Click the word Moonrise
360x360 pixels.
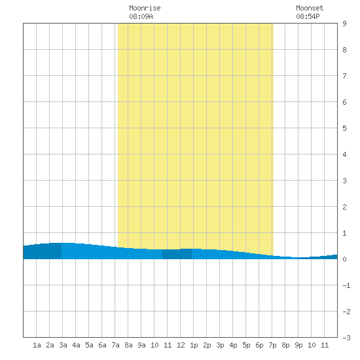pyautogui.click(x=145, y=8)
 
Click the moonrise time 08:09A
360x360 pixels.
pyautogui.click(x=141, y=16)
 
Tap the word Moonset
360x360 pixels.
pyautogui.click(x=310, y=8)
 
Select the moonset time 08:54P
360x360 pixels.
pyautogui.click(x=308, y=16)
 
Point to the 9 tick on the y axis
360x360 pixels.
pyautogui.click(x=344, y=24)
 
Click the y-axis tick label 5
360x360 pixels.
pyautogui.click(x=344, y=128)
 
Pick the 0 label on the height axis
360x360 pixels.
pyautogui.click(x=344, y=259)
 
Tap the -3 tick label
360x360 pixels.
pyautogui.click(x=346, y=338)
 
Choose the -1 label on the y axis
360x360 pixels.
pyautogui.click(x=346, y=285)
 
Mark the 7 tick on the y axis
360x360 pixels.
pyautogui.click(x=344, y=76)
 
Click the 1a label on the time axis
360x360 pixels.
pyautogui.click(x=37, y=345)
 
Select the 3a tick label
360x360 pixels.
pyautogui.click(x=63, y=345)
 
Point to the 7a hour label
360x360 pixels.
pyautogui.click(x=115, y=345)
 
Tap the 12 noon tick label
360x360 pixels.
pyautogui.click(x=181, y=345)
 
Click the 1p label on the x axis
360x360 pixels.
pyautogui.click(x=194, y=345)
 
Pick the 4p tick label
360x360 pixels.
pyautogui.click(x=233, y=345)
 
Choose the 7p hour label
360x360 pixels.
pyautogui.click(x=272, y=345)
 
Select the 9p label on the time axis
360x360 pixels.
pyautogui.click(x=298, y=345)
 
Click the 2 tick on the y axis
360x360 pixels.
pyautogui.click(x=344, y=207)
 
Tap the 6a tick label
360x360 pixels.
pyautogui.click(x=102, y=345)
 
